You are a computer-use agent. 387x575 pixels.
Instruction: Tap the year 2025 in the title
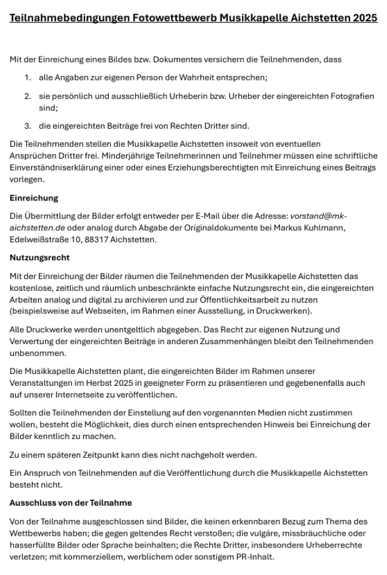[x=364, y=18]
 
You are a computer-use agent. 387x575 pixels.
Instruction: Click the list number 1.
[x=28, y=77]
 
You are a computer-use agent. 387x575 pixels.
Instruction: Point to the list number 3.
[x=28, y=126]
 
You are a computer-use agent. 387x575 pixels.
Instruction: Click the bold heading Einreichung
[x=34, y=198]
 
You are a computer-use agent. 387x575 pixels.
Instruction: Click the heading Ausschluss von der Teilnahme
[x=70, y=503]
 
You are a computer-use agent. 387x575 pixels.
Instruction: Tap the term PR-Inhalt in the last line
[x=254, y=557]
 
